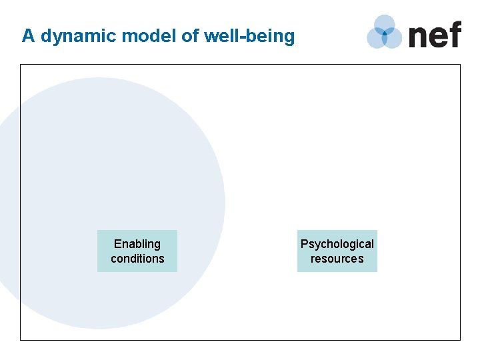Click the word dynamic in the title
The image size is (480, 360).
[71, 36]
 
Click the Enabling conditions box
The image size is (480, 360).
[137, 251]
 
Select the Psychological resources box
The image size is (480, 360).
[337, 251]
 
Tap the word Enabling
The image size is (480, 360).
[137, 244]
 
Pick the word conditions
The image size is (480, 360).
[137, 259]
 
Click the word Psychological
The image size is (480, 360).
[337, 244]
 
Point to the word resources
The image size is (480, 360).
[337, 259]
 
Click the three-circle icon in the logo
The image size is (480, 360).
[385, 32]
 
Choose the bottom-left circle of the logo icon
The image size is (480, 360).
[376, 39]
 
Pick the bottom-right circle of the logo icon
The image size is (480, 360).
[393, 39]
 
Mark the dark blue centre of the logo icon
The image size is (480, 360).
[385, 33]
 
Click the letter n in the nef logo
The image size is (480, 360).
[418, 36]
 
